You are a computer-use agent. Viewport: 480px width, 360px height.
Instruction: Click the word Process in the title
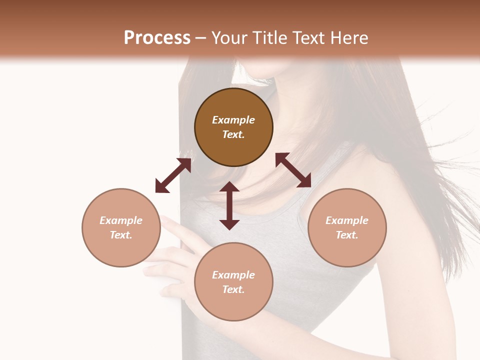(x=157, y=38)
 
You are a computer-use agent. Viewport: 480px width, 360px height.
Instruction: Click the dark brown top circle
(x=233, y=127)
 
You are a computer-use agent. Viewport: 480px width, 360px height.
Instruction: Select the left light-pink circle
(x=121, y=227)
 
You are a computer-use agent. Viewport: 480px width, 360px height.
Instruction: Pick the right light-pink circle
(x=347, y=227)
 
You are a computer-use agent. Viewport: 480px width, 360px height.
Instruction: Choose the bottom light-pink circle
(x=233, y=282)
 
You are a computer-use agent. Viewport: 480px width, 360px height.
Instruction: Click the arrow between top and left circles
(x=173, y=175)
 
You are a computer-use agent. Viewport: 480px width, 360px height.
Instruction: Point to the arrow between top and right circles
(x=293, y=170)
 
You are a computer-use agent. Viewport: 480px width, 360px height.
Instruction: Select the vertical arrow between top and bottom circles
(x=229, y=205)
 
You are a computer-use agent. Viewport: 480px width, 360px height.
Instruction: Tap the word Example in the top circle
(x=233, y=120)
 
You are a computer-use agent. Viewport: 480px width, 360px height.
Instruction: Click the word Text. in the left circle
(x=121, y=235)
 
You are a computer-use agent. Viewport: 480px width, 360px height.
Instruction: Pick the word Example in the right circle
(x=347, y=220)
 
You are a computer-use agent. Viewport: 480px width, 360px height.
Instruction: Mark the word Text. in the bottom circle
(x=233, y=289)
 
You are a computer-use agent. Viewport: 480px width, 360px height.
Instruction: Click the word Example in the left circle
(x=121, y=220)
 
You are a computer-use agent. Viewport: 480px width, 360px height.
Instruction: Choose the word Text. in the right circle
(x=347, y=235)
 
